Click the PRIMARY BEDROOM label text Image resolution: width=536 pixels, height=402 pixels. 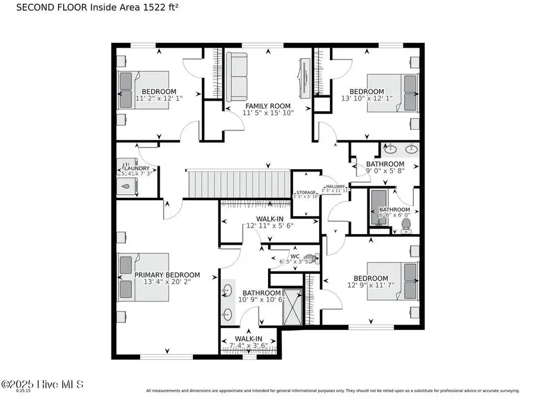pos(167,275)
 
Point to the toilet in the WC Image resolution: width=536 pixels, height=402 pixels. pos(315,258)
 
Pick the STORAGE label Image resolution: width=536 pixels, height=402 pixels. pos(307,192)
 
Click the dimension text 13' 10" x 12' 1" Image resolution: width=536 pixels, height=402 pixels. pos(366,98)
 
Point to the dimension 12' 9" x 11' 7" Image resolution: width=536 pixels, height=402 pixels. pos(370,285)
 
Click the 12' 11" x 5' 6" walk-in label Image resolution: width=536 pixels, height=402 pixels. pos(269,226)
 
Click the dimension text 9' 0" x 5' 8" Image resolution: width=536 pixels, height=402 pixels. pos(385,172)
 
